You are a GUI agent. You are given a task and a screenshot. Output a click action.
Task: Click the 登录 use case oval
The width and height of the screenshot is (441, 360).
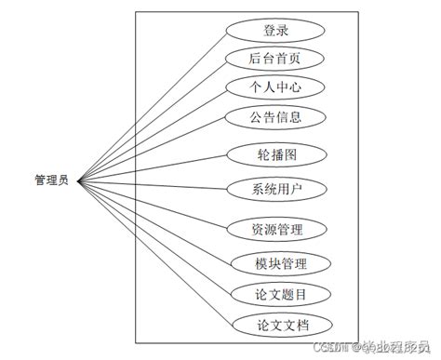click(275, 30)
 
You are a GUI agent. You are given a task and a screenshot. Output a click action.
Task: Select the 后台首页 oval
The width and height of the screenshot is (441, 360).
click(275, 59)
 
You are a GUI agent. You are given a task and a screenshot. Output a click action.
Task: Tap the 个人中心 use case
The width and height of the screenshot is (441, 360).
click(275, 87)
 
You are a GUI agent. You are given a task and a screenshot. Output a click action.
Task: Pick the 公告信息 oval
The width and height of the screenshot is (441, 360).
click(275, 117)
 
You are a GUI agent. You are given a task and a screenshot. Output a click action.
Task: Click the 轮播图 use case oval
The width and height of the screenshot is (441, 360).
click(275, 154)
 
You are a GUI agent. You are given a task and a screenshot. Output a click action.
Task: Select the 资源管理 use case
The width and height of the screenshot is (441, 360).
click(275, 228)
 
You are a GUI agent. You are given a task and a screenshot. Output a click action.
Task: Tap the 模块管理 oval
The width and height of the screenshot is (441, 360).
click(275, 262)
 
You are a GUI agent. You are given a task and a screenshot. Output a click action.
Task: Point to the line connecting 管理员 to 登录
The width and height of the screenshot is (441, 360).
click(149, 106)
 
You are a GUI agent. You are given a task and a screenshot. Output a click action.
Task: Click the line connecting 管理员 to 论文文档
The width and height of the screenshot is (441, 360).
click(149, 251)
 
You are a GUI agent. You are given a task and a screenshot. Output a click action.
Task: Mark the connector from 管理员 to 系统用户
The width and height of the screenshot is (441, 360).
click(149, 184)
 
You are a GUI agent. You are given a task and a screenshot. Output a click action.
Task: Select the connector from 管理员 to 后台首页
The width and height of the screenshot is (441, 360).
click(149, 120)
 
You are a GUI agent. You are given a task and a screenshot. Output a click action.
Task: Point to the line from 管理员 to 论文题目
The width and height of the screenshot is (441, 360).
click(149, 236)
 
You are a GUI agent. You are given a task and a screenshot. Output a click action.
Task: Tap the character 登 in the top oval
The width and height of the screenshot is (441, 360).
click(269, 30)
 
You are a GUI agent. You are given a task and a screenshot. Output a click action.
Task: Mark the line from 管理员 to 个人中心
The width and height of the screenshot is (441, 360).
click(149, 135)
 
